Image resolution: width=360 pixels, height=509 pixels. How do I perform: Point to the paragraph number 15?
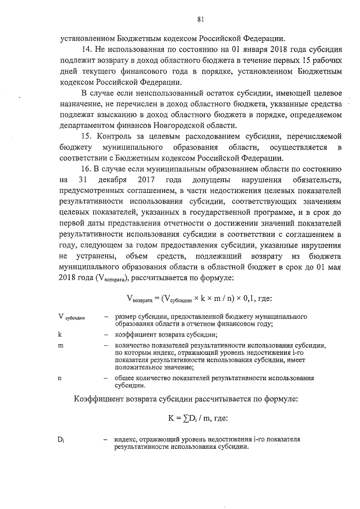click(x=87, y=137)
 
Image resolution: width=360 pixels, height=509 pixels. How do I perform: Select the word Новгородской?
click(x=172, y=125)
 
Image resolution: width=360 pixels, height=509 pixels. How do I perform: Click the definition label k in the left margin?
click(x=60, y=334)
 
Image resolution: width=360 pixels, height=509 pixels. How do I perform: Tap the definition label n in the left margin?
click(x=60, y=378)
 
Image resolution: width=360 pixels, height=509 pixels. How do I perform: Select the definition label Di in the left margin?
click(x=61, y=439)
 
